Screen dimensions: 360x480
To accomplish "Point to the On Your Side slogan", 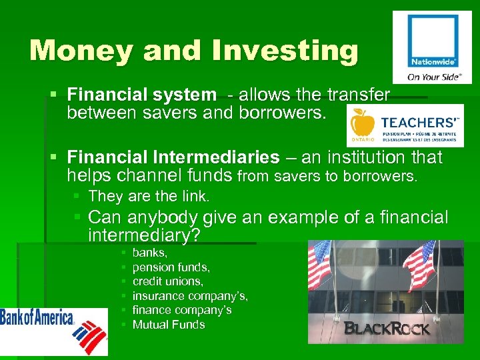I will click(x=434, y=77).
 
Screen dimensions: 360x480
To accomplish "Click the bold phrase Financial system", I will click(x=142, y=95).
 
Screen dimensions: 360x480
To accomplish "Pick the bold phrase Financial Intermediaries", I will click(x=173, y=157).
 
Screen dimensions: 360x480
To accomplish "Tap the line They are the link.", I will click(x=149, y=196).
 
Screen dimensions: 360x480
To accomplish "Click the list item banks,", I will click(x=150, y=253).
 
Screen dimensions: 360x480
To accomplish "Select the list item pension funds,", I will click(x=171, y=267).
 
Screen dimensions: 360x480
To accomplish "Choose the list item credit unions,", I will click(x=167, y=281).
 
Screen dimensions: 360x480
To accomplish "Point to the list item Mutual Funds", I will click(x=169, y=325).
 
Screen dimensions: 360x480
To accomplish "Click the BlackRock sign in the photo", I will click(x=387, y=328).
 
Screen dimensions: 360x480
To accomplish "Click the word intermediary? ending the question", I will click(x=144, y=235).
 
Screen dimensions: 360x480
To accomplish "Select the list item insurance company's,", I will click(x=190, y=296).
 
